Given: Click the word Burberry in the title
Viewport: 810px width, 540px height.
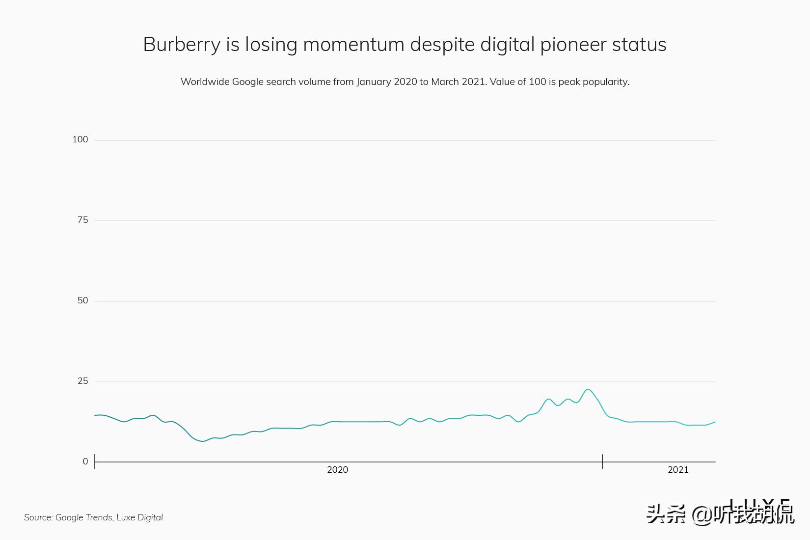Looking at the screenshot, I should (182, 45).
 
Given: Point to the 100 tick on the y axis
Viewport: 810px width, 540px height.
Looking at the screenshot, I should (80, 139).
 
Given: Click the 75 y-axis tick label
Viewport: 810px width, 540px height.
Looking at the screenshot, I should (82, 220).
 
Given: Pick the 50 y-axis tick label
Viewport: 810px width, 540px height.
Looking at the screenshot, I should (82, 300).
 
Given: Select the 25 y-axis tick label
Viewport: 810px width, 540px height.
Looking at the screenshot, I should (82, 381).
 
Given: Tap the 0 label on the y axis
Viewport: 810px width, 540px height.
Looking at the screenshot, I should (85, 461).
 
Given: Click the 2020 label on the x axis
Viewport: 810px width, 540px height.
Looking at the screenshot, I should (337, 470).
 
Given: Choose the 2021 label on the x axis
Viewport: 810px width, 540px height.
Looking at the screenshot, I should (678, 470).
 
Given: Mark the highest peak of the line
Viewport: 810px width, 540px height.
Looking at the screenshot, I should (588, 389).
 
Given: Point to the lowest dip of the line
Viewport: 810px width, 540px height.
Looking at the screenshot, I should (202, 441).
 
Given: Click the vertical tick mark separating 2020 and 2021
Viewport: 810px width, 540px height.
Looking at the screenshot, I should (602, 461).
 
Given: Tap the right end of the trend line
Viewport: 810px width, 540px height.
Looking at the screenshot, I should (715, 422).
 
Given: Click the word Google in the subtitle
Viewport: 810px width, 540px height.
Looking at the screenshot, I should (248, 81).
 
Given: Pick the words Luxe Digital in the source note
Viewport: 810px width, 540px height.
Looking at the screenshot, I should (139, 517).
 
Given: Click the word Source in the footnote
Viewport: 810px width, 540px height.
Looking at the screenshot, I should (38, 517).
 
